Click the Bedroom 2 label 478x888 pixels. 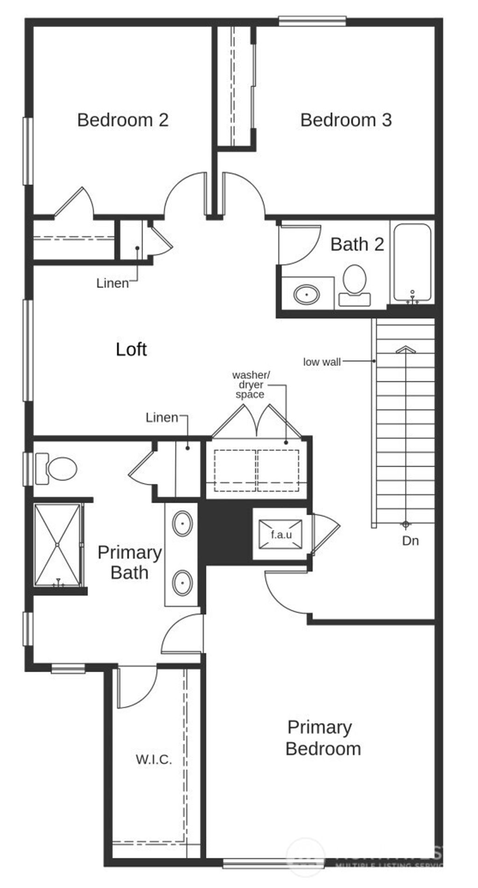[x=123, y=120]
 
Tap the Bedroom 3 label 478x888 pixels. [x=346, y=120]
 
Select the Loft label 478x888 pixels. [x=131, y=349]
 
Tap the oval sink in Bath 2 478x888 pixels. [x=307, y=294]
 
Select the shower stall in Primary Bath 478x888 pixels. [x=58, y=545]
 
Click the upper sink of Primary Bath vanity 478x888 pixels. [x=183, y=524]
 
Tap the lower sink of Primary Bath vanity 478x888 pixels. [x=183, y=583]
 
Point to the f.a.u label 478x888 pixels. [x=281, y=534]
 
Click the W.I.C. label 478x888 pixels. [x=154, y=759]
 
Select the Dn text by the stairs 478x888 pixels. [x=410, y=541]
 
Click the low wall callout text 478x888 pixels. [x=322, y=362]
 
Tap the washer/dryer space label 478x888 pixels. [x=251, y=385]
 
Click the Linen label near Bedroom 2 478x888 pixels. [x=112, y=283]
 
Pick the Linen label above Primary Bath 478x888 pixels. [x=162, y=417]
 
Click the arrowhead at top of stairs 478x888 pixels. [x=406, y=349]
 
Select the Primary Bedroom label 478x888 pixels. [x=322, y=737]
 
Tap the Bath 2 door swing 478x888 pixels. [x=299, y=245]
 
